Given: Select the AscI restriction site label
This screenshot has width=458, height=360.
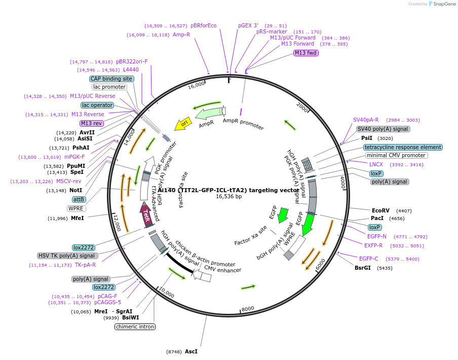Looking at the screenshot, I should (191, 351).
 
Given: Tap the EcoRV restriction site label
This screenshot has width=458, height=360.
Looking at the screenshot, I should (380, 210).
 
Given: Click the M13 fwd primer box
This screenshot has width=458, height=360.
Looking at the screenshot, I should (306, 53).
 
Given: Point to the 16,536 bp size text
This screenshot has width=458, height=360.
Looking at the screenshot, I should (229, 196).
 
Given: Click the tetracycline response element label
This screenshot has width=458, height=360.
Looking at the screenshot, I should (403, 147).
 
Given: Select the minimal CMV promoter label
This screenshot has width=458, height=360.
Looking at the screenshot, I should (396, 155).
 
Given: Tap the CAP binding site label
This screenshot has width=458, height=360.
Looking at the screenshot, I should (111, 79).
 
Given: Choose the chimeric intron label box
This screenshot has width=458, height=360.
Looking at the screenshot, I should (135, 327).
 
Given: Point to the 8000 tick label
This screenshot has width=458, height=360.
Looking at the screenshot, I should (248, 309).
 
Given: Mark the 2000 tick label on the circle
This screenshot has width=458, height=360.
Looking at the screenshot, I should (302, 107).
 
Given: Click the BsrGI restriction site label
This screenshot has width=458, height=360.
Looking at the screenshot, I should (363, 268).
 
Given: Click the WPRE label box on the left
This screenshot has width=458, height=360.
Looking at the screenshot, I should (76, 208).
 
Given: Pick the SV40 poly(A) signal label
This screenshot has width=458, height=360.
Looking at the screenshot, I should (383, 129).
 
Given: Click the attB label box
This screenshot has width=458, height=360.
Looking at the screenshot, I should (79, 199).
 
